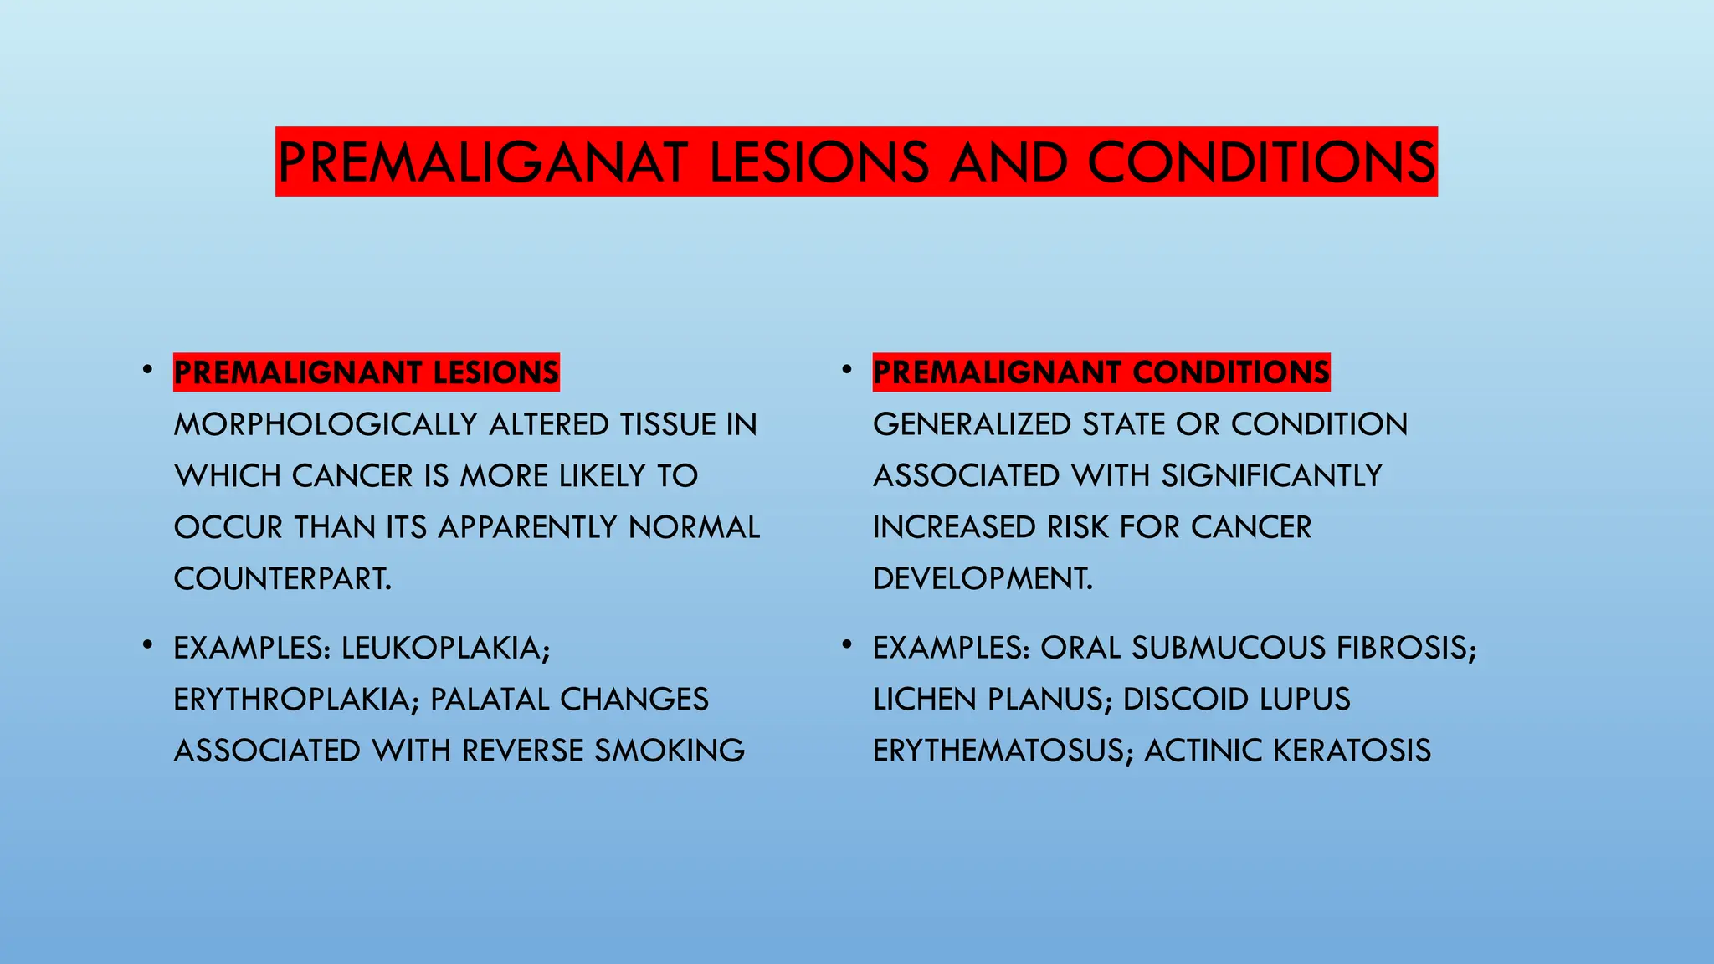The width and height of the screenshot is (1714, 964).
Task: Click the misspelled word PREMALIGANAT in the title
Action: pos(483,162)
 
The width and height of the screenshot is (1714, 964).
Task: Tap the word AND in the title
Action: pos(1008,162)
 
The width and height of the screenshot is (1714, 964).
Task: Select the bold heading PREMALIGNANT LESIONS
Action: pos(367,372)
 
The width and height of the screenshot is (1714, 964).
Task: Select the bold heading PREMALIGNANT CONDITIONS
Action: pos(1101,372)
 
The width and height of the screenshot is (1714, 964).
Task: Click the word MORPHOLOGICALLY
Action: pos(326,424)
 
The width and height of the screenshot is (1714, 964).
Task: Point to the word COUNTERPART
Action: pos(282,578)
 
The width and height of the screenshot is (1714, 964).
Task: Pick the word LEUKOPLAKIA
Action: pos(445,648)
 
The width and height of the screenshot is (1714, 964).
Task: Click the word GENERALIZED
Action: pos(972,424)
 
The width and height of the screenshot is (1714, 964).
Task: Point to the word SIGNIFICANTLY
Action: pos(1272,475)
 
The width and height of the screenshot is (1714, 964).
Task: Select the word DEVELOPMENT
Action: pos(983,578)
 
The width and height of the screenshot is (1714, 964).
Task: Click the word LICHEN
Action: pos(925,699)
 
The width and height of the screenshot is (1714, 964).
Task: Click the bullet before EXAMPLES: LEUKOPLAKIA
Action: pos(147,645)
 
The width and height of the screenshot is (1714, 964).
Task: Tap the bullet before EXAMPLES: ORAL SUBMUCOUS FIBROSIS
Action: pos(847,645)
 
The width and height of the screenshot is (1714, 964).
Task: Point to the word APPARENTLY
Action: pos(529,527)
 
